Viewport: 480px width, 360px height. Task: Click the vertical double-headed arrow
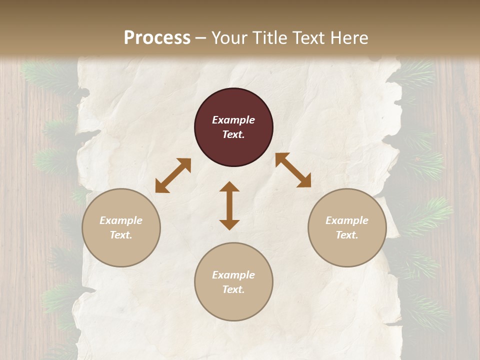(x=229, y=205)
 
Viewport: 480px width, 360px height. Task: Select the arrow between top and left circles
(x=173, y=175)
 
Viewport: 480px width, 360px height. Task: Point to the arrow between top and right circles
(x=293, y=170)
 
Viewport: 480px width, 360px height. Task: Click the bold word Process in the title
(x=157, y=37)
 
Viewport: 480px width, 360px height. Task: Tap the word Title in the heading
(x=270, y=38)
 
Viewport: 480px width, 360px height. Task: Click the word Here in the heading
(x=349, y=38)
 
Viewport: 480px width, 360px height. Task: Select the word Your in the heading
(x=230, y=38)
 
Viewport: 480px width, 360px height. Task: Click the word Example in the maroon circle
(x=233, y=120)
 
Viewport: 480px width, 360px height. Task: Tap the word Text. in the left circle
(x=121, y=235)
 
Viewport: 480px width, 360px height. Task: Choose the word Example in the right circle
(x=347, y=220)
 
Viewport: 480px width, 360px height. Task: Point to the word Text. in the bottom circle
(x=233, y=289)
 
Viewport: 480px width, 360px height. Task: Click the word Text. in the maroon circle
(x=233, y=134)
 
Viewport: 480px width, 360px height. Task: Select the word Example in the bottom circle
(x=233, y=275)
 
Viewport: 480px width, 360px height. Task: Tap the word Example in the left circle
(x=121, y=220)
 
